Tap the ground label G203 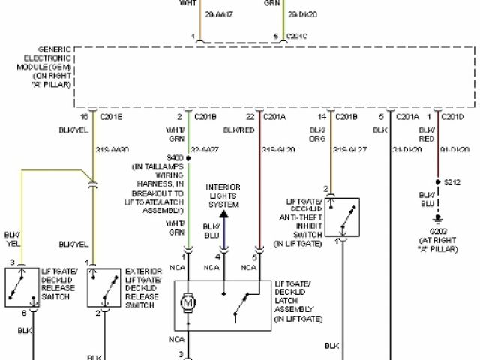(x=439, y=232)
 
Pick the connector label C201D (x=451, y=117)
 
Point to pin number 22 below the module (x=249, y=117)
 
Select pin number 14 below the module (x=321, y=117)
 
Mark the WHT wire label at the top (x=188, y=3)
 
